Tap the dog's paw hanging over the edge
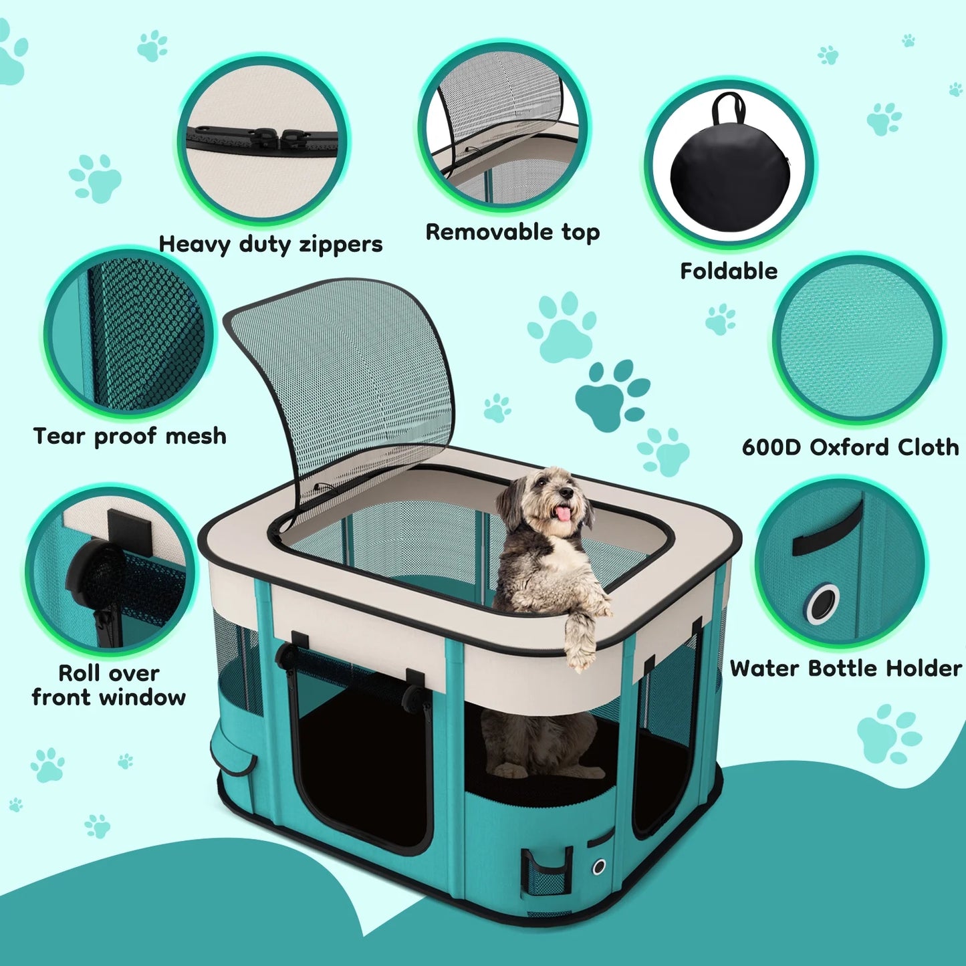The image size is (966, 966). pos(580,652)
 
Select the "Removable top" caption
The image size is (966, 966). pos(513,232)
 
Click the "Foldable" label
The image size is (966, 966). pos(729,271)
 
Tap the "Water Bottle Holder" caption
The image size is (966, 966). pos(846,668)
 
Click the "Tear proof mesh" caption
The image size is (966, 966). pos(130,436)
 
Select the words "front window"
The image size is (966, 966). pos(109,697)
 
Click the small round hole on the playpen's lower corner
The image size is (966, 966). pos(599,866)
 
